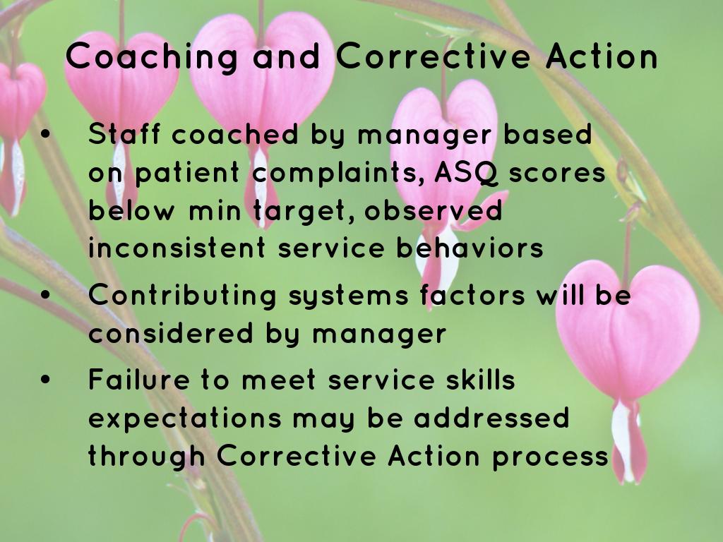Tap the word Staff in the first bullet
tap(124, 134)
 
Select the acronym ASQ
tap(467, 174)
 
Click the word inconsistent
tap(177, 247)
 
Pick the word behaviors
tap(470, 247)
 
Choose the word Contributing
tap(183, 296)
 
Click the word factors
tap(472, 295)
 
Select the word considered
tap(171, 332)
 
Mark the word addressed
tap(491, 418)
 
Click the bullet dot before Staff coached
tap(45, 134)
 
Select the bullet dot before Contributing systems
tap(45, 295)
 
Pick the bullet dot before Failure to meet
tap(45, 380)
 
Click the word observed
tap(434, 210)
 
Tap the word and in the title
tap(287, 56)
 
